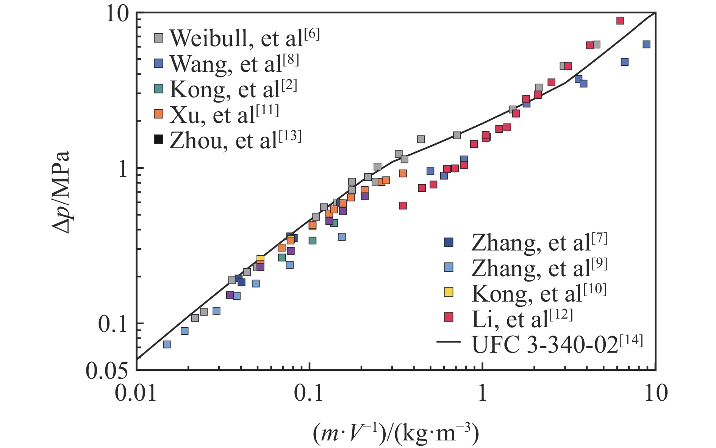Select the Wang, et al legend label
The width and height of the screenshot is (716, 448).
234,64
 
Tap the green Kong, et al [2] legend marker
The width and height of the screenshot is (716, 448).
159,89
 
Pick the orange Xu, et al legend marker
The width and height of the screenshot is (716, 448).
159,114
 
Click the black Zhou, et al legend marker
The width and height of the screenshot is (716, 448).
159,139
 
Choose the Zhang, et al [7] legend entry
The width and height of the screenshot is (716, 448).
539,243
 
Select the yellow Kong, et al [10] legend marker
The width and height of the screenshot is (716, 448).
449,292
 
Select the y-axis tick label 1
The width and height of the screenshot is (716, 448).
123,169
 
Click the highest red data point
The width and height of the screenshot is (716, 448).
620,20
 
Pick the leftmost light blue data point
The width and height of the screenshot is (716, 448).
166,344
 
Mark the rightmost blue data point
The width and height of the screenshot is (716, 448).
646,44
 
